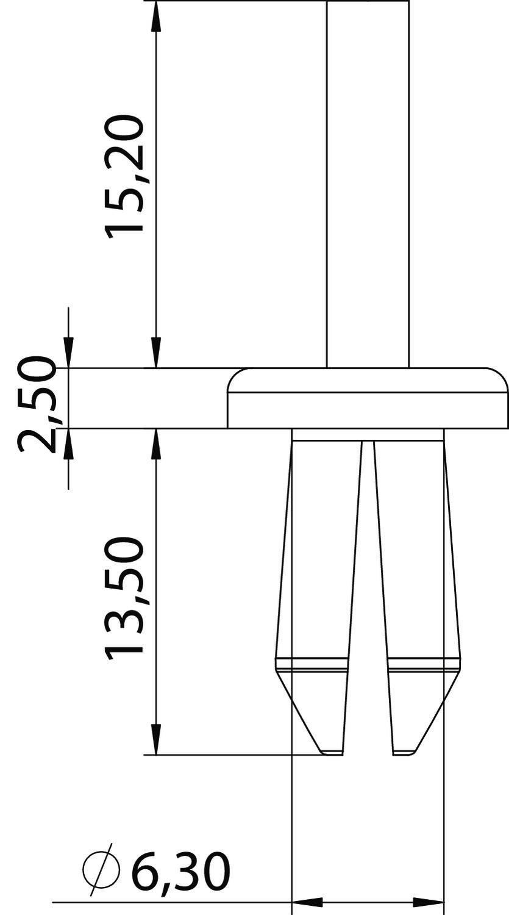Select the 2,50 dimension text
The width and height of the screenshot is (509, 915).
pos(37,404)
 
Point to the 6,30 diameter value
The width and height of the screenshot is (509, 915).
pos(182,871)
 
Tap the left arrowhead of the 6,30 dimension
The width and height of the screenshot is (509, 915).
pos(308,901)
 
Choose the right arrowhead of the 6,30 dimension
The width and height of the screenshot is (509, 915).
pos(429,901)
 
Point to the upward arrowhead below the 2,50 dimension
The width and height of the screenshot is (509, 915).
pos(68,444)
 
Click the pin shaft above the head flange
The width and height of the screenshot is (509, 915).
pos(368,183)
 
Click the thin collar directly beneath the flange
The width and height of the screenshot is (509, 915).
pos(368,434)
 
